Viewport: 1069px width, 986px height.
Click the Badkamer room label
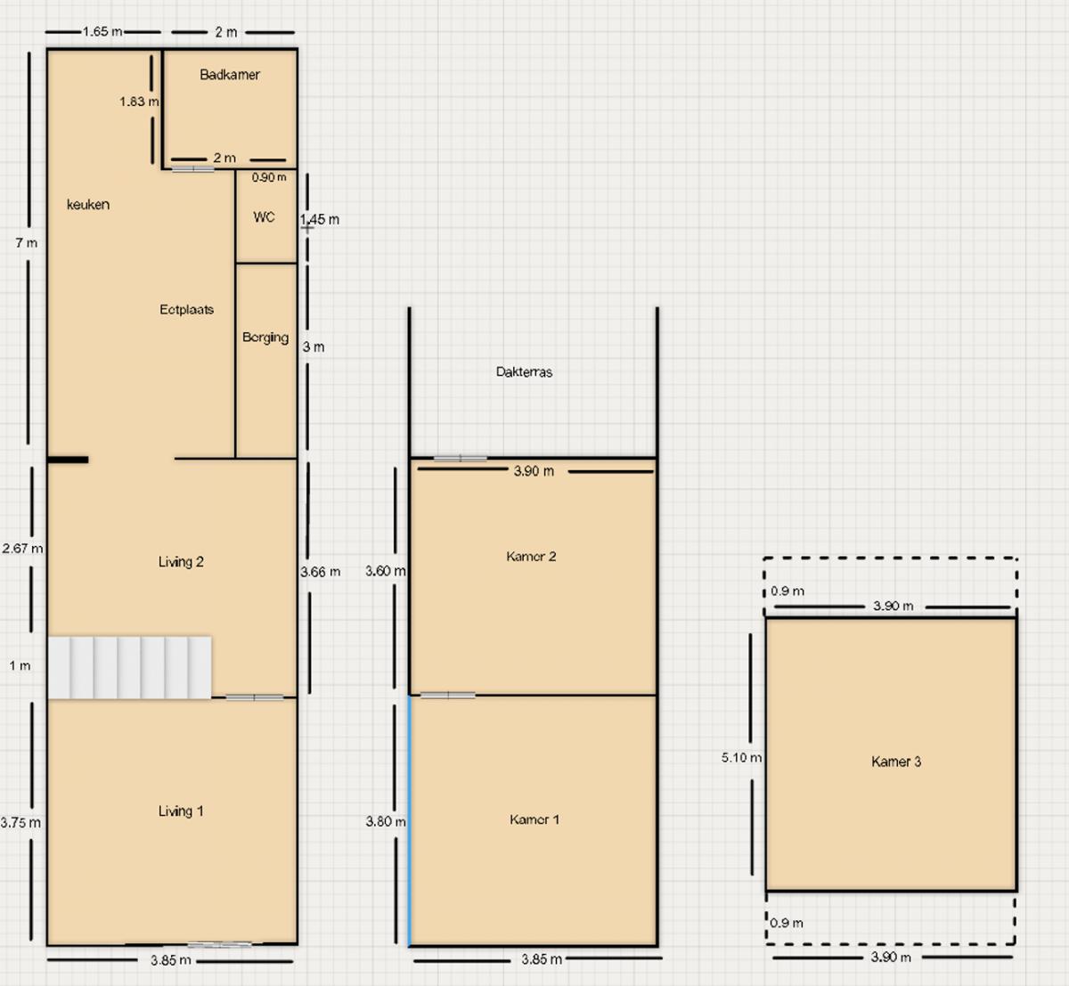click(x=230, y=74)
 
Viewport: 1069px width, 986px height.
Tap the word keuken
click(x=88, y=205)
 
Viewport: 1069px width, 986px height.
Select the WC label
click(x=265, y=217)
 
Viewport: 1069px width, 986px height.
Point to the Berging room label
click(x=265, y=338)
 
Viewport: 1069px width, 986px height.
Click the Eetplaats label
click(x=187, y=309)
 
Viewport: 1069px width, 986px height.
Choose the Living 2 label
click(x=181, y=562)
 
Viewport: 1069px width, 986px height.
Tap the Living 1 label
click(x=181, y=811)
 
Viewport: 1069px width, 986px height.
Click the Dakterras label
click(x=525, y=372)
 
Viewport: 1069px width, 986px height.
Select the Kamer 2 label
click(x=531, y=557)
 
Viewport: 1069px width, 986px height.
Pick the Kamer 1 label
click(x=534, y=819)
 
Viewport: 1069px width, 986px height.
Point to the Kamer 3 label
click(x=896, y=762)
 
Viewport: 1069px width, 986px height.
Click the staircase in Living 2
click(x=130, y=667)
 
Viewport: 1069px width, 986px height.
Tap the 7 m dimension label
click(x=27, y=243)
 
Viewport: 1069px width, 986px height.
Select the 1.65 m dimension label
click(x=102, y=32)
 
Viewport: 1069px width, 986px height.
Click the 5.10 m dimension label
click(x=742, y=758)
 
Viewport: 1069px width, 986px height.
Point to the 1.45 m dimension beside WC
click(x=320, y=220)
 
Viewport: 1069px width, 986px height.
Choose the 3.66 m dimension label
click(x=321, y=572)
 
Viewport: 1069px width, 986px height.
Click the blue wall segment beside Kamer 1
click(x=409, y=821)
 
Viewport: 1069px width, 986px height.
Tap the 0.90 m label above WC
click(x=269, y=177)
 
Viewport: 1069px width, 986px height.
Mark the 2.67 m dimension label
click(x=22, y=549)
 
